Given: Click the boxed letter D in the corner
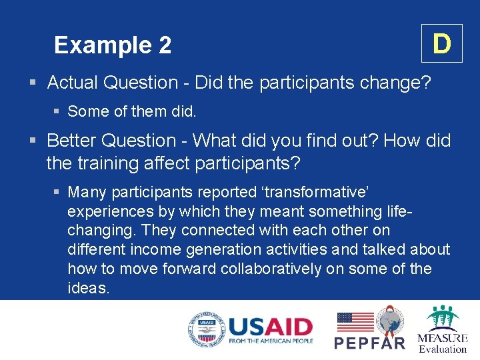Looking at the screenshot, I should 441,44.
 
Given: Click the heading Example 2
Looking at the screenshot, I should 113,45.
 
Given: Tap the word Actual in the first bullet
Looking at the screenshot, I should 72,83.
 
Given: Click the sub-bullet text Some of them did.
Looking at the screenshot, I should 132,111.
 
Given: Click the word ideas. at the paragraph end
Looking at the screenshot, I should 88,288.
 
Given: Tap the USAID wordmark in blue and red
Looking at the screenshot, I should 270,326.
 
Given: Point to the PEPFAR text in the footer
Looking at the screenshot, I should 369,343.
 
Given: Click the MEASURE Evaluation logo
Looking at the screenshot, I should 443,329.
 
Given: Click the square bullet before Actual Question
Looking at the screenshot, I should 33,83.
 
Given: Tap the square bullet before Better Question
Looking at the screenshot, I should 33,141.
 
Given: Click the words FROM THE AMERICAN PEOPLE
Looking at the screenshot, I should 270,341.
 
